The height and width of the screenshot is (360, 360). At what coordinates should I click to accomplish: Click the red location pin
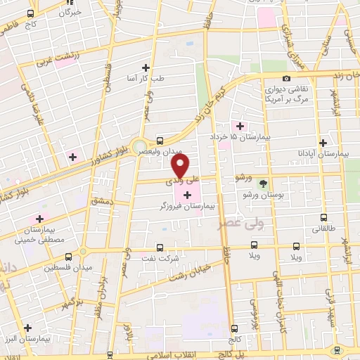[x=180, y=165]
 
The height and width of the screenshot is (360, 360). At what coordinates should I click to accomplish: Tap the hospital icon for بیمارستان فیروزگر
[x=186, y=195]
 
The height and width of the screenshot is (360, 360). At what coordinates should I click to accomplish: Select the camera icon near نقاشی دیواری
[x=286, y=79]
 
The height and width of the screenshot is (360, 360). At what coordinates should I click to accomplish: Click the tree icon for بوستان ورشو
[x=263, y=184]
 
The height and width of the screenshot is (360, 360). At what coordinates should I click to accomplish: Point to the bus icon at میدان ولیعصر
[x=160, y=141]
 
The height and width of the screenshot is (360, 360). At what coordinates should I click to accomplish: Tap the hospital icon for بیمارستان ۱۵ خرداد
[x=240, y=127]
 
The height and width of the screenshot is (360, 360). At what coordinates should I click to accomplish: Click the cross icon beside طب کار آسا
[x=146, y=67]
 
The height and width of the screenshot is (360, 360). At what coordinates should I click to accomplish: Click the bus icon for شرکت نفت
[x=160, y=247]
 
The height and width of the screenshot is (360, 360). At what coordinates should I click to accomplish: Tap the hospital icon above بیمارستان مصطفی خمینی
[x=39, y=219]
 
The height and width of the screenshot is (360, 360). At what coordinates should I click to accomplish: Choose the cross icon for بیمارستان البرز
[x=27, y=328]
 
